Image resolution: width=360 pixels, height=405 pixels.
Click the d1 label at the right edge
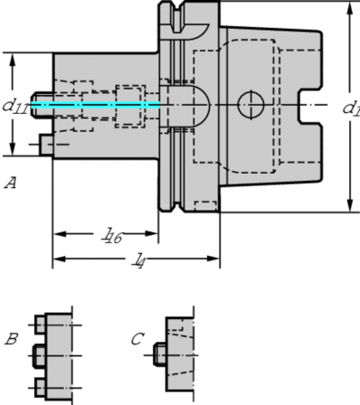coord(351,108)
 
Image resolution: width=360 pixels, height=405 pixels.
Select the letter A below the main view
coord(10,184)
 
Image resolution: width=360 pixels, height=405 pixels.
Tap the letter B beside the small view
coord(11,340)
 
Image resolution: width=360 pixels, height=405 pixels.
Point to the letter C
coord(137,339)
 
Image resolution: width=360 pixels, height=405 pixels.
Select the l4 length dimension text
coord(138,261)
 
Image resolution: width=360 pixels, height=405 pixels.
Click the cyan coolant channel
coord(99,105)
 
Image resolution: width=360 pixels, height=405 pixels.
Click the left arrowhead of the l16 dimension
coord(56,233)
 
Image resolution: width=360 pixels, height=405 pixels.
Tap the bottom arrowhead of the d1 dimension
coord(348,207)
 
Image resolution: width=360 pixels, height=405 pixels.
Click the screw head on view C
coord(160,353)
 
